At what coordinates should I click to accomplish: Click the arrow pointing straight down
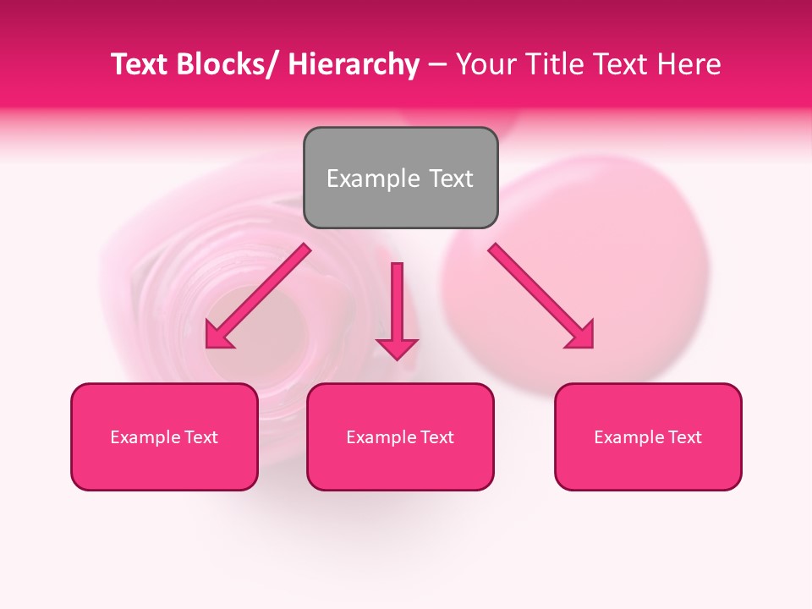click(397, 309)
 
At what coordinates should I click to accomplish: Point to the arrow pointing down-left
click(258, 296)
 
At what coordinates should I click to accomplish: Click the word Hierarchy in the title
click(354, 64)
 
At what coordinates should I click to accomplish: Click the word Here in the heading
click(689, 64)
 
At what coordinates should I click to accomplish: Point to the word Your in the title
click(485, 64)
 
